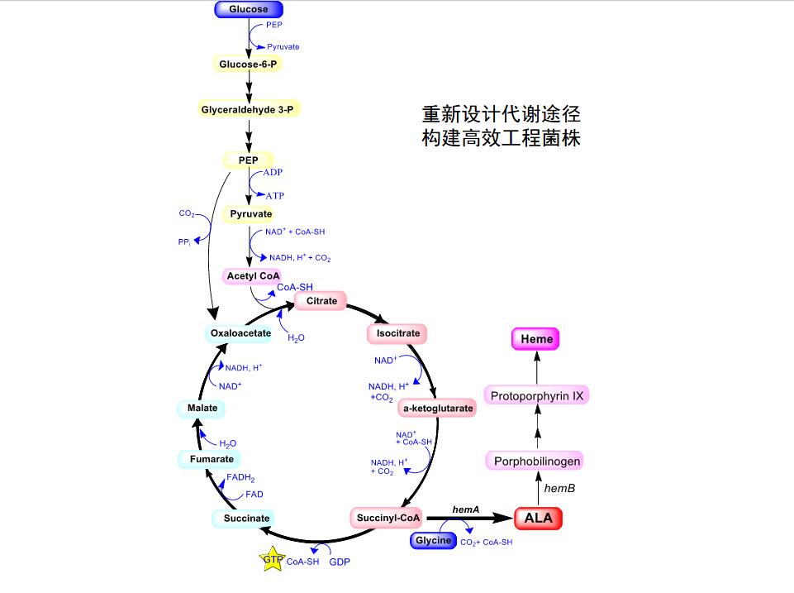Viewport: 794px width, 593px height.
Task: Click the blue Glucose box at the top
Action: coord(249,10)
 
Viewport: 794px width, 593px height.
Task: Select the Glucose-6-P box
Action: coord(248,64)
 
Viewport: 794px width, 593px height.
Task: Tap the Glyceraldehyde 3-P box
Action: coord(248,109)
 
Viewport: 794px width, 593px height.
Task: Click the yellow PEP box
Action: coord(248,159)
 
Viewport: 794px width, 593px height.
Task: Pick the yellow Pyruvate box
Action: coord(250,214)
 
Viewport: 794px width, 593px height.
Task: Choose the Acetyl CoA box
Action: coord(254,275)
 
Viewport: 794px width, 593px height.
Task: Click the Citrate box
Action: coord(321,301)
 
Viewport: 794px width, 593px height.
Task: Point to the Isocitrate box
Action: coord(397,333)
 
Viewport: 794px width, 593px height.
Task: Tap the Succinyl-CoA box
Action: coord(387,519)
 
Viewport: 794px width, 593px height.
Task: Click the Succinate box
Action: coord(246,519)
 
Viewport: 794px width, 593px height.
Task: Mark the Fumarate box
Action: coord(212,459)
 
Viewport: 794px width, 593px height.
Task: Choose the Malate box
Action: coord(202,408)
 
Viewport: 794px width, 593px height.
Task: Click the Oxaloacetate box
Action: coord(240,333)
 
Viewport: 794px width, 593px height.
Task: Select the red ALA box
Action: coord(538,519)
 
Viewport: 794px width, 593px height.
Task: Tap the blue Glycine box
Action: coord(433,541)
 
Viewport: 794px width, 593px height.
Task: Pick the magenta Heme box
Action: coord(536,338)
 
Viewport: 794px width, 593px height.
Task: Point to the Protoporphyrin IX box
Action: coord(537,396)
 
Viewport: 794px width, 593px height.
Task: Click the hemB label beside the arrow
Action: coord(559,489)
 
